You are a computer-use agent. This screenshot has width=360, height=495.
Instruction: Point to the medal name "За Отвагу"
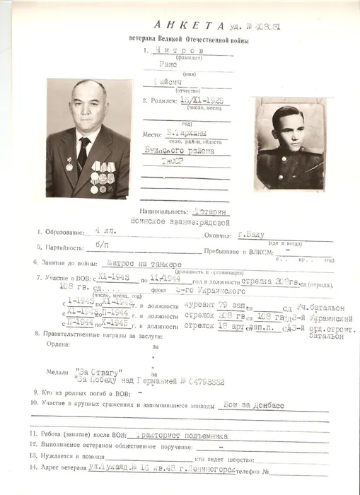tap(99, 371)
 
